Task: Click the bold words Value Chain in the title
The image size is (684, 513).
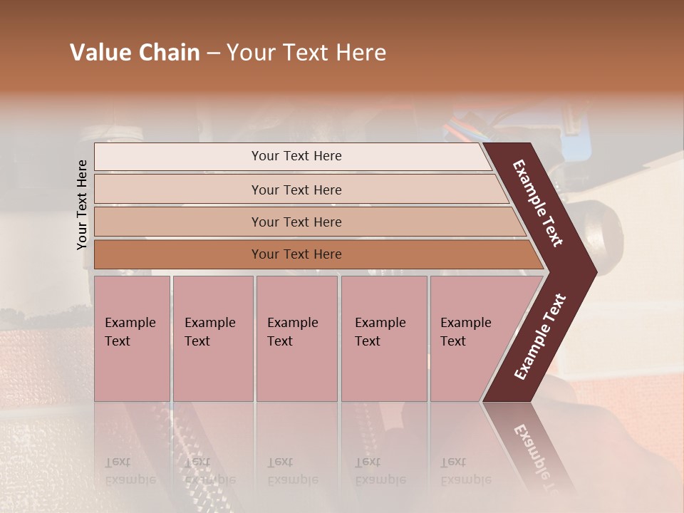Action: point(135,53)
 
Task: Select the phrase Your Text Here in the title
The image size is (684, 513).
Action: point(306,53)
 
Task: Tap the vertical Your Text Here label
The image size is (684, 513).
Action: point(82,204)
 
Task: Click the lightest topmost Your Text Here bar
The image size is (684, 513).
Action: point(296,156)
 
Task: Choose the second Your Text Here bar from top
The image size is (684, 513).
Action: point(296,190)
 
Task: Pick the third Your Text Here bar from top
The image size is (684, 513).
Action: point(296,222)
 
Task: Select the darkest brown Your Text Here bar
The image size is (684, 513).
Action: point(296,254)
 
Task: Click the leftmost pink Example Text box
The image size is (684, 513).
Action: point(132,338)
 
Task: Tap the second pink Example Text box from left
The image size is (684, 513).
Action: point(212,338)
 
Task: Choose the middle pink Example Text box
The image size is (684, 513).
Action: point(296,338)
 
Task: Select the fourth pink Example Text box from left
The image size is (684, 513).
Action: point(383,338)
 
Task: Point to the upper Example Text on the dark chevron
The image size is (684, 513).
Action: point(538,203)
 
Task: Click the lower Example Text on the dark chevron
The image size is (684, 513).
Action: point(540,337)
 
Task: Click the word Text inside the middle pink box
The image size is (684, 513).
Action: point(280,341)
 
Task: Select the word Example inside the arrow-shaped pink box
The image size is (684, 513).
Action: point(465,323)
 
